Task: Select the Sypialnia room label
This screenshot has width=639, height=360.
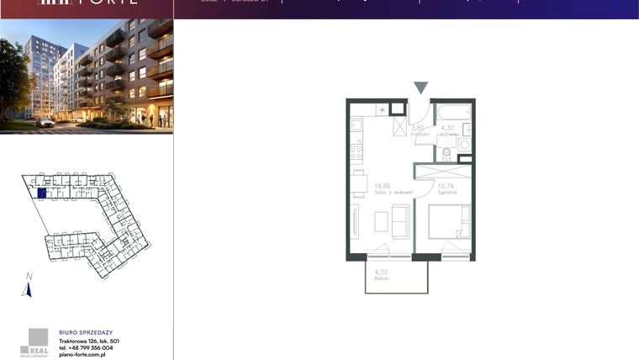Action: pos(446,193)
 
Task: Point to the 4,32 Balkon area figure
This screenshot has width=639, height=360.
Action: pos(380,272)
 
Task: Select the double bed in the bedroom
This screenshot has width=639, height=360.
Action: pos(448,222)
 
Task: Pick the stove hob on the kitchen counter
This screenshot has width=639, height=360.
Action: pos(356,152)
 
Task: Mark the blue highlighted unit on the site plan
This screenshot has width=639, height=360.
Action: pos(41,193)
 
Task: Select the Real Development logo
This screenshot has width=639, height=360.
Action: pos(35,340)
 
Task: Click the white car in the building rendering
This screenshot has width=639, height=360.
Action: pos(45,123)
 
